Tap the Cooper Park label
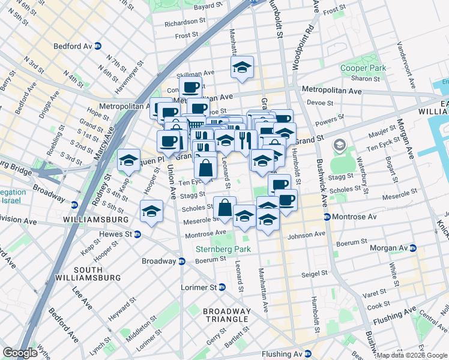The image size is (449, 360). pyautogui.click(x=363, y=68)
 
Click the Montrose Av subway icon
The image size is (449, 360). pyautogui.click(x=327, y=217)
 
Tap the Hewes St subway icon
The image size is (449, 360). pyautogui.click(x=137, y=235)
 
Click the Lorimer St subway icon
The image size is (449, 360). pyautogui.click(x=221, y=287)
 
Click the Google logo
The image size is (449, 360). pyautogui.click(x=20, y=353)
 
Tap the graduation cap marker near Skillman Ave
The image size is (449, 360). pyautogui.click(x=242, y=68)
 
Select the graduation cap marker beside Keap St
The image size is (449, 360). pyautogui.click(x=128, y=160)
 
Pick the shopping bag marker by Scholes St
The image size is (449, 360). pyautogui.click(x=225, y=208)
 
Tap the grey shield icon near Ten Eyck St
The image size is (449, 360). pyautogui.click(x=340, y=145)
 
